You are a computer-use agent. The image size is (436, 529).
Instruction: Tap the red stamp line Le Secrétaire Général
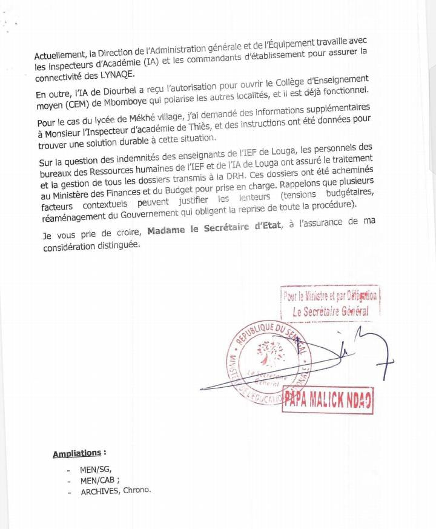[x=330, y=311]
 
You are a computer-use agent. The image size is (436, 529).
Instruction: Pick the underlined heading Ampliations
[x=76, y=454]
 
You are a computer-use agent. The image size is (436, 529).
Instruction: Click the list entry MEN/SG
[x=96, y=470]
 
